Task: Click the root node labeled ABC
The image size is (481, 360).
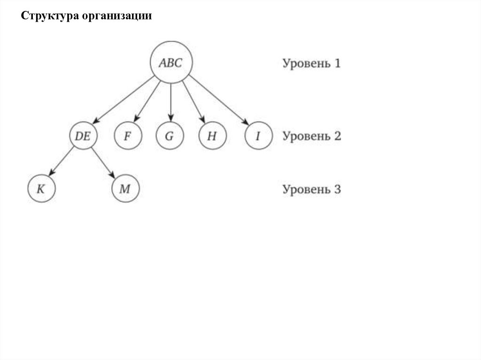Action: coord(171,62)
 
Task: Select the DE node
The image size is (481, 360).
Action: coord(83,136)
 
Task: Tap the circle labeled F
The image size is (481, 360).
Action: coord(127,136)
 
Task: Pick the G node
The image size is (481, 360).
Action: coord(170,136)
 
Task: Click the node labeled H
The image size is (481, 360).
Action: coord(212,136)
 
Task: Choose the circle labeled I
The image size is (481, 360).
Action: coord(258,136)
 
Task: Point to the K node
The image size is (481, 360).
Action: coord(41,189)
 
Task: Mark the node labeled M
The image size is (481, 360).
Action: coord(125,189)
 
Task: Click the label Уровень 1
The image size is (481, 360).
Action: coord(311,63)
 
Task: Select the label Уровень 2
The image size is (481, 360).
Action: coord(311,136)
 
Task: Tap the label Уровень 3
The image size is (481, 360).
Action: coord(311,190)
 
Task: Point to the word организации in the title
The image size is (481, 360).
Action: coord(117,16)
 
